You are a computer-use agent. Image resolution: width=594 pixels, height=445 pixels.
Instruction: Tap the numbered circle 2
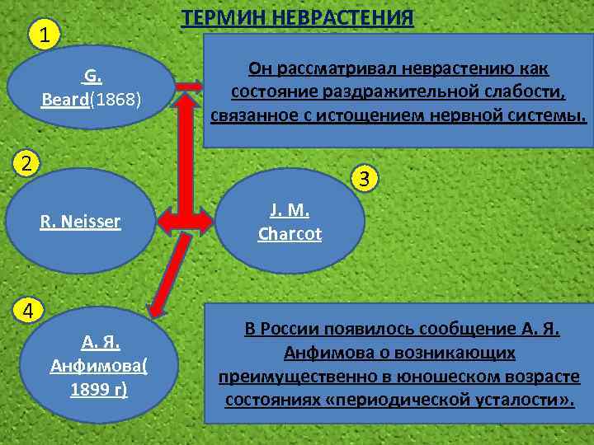point(27,162)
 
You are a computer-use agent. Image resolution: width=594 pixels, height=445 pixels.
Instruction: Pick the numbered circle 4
point(27,311)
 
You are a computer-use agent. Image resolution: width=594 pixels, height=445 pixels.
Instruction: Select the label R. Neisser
point(81,221)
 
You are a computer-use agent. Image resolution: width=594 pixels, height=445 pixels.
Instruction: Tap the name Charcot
point(289,233)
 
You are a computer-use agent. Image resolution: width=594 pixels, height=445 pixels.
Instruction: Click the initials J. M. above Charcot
point(289,210)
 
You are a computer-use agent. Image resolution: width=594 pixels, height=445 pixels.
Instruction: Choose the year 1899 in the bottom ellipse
point(87,388)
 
